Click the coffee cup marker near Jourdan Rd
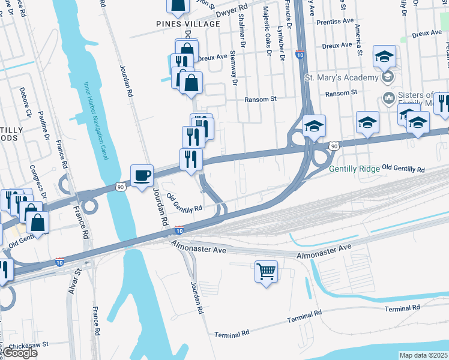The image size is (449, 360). click(x=142, y=175)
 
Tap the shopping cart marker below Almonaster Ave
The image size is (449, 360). click(x=266, y=271)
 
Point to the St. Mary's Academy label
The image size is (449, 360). click(x=342, y=77)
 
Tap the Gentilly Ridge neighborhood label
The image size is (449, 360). click(x=354, y=169)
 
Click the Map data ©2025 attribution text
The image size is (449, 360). click(x=423, y=355)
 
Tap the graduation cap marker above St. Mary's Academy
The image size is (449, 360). click(x=384, y=57)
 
